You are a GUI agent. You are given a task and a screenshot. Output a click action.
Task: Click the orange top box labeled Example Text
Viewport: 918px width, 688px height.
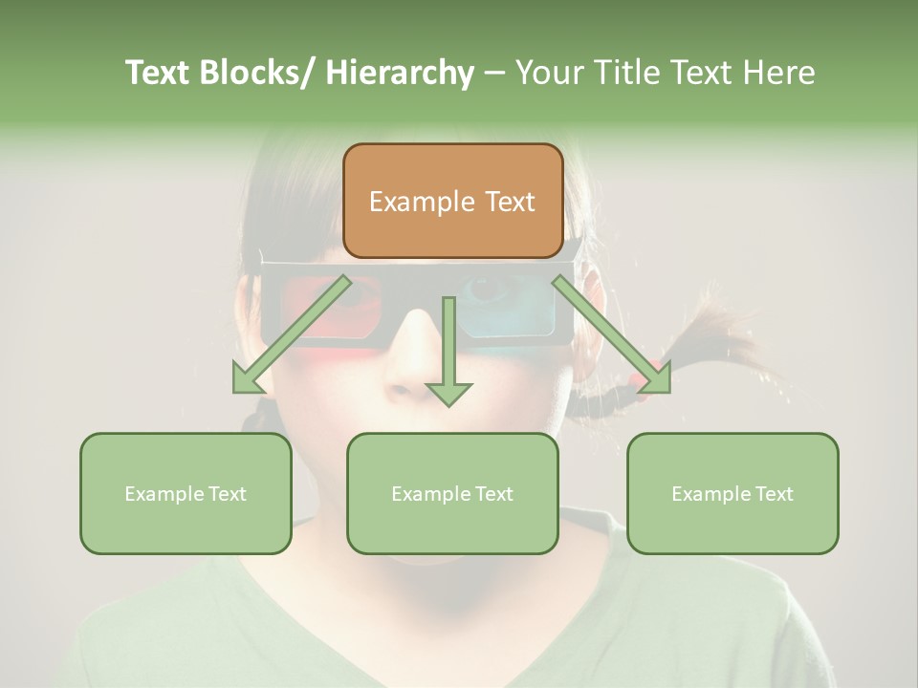(x=452, y=201)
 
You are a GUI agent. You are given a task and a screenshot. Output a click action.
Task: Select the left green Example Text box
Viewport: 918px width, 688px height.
(x=186, y=493)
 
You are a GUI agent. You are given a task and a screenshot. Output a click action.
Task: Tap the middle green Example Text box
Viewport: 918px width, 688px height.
(x=452, y=493)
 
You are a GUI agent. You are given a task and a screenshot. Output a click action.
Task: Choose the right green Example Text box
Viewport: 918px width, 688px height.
(x=732, y=493)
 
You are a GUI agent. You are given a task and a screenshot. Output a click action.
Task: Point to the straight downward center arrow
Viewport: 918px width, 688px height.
(x=448, y=349)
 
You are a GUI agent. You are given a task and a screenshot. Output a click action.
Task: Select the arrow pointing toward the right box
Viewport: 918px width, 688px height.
(x=612, y=334)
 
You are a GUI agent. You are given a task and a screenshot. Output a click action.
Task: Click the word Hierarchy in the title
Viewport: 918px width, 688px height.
(x=400, y=73)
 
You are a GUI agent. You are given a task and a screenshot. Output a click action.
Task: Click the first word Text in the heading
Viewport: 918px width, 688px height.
(x=160, y=73)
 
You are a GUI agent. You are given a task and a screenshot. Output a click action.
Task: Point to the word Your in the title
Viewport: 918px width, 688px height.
(x=547, y=73)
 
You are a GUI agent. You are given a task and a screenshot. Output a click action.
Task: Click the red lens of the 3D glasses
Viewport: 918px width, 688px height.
(x=320, y=315)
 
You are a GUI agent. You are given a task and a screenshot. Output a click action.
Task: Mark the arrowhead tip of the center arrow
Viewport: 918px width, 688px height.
(x=448, y=405)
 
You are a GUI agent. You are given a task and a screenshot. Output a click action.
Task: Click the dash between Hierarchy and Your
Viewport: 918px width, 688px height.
(x=494, y=73)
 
